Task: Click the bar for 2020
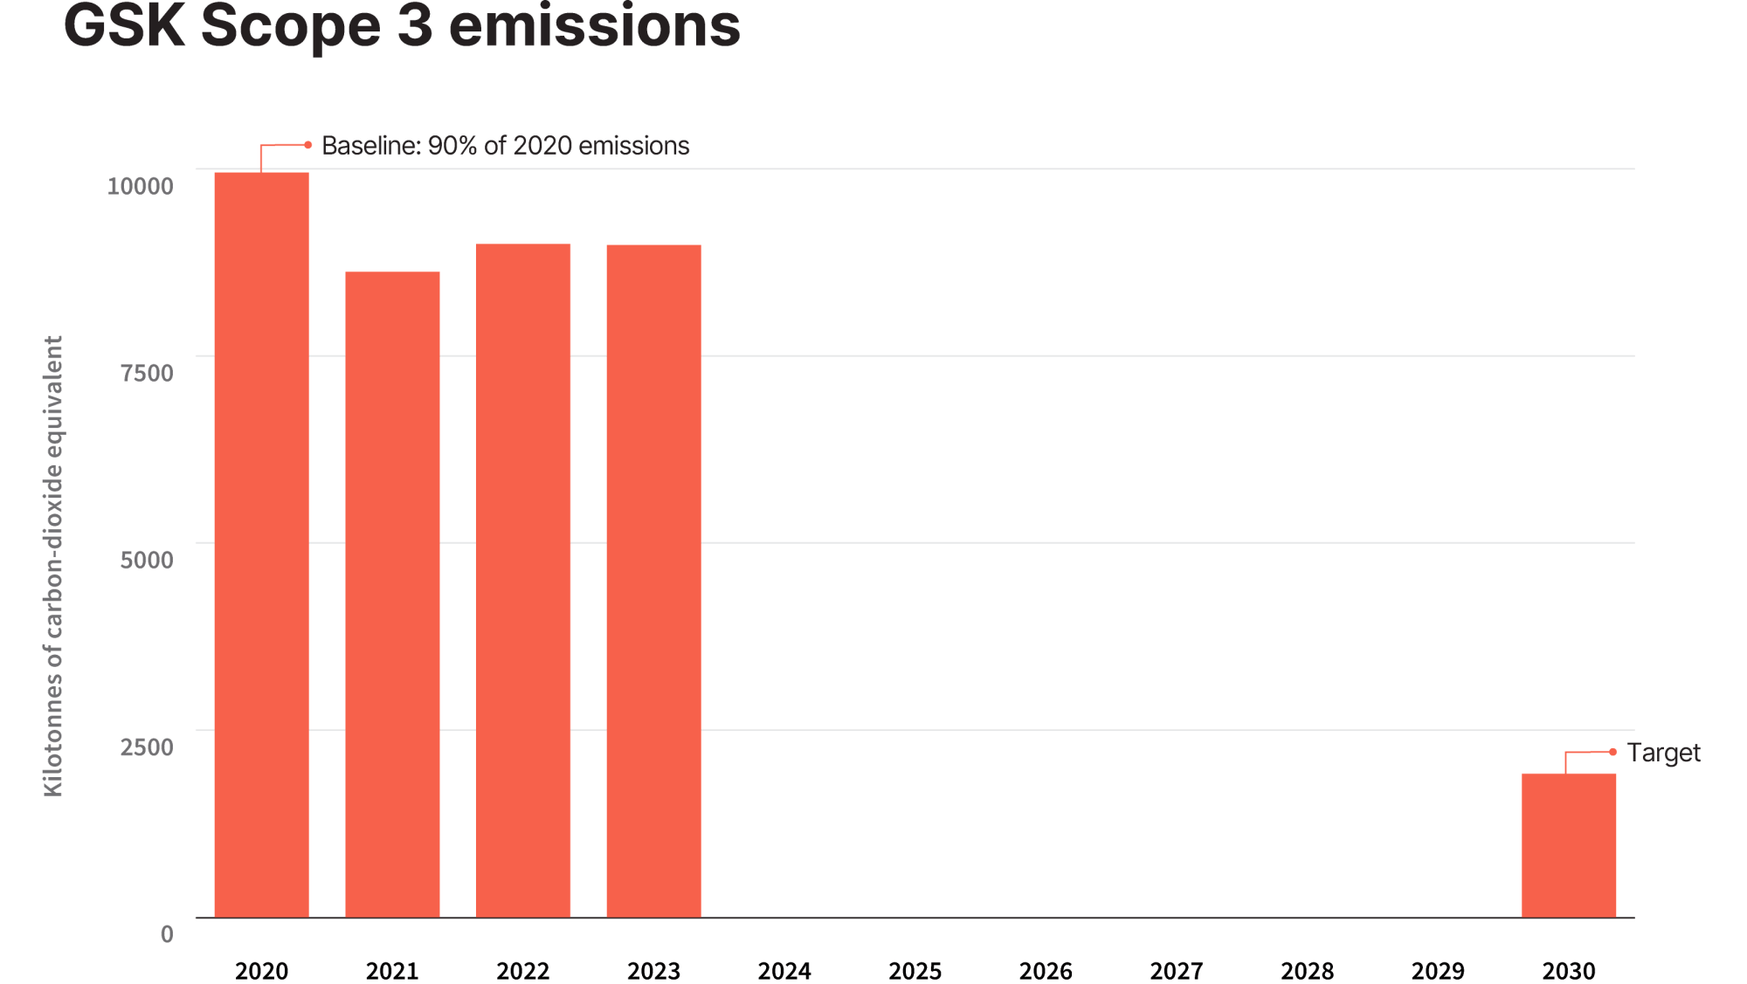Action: point(261,545)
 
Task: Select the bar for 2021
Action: point(392,595)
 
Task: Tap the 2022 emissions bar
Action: point(523,581)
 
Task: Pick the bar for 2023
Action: point(653,581)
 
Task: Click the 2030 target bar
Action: point(1569,845)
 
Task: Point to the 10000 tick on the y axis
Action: point(140,186)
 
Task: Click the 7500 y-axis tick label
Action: point(147,373)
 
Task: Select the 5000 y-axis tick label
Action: point(147,560)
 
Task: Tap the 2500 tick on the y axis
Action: point(147,747)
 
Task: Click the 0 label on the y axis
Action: point(167,934)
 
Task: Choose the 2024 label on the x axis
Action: point(784,971)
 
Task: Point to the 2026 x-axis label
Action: point(1046,971)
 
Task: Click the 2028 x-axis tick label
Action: point(1307,971)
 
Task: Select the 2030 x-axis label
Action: point(1569,971)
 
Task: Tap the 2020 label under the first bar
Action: point(261,971)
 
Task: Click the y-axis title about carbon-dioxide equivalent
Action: point(53,566)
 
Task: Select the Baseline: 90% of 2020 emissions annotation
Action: point(505,146)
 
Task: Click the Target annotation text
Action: point(1663,753)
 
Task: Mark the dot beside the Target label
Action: point(1612,752)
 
